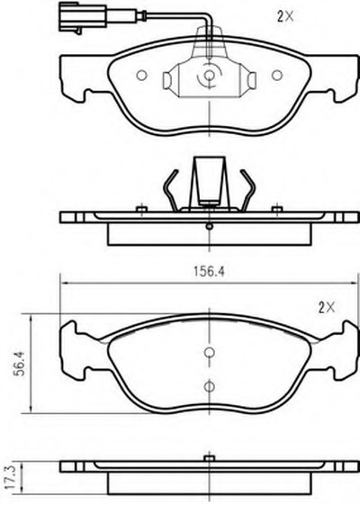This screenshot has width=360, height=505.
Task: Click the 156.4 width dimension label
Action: pyautogui.click(x=209, y=272)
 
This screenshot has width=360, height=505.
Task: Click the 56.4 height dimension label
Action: pyautogui.click(x=21, y=363)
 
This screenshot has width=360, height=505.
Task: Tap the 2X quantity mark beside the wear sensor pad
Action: pyautogui.click(x=285, y=16)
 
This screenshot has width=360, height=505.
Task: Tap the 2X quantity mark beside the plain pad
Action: pyautogui.click(x=327, y=308)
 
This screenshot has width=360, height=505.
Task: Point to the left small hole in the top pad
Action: pyautogui.click(x=141, y=76)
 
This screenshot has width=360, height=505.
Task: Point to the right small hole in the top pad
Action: pyautogui.click(x=277, y=76)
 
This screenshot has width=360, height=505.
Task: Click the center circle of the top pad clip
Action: pyautogui.click(x=210, y=76)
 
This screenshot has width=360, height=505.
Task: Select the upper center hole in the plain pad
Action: pyautogui.click(x=210, y=353)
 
